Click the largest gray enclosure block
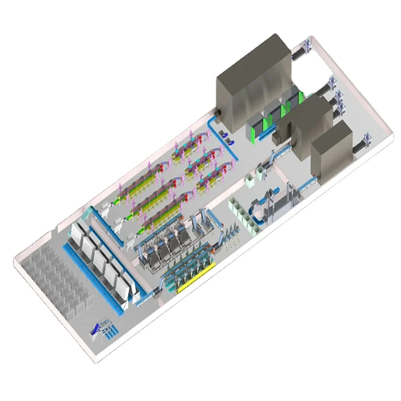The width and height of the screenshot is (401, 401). (253, 80)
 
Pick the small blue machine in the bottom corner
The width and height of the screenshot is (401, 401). (103, 328)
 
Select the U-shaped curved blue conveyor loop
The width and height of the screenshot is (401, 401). (258, 211)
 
